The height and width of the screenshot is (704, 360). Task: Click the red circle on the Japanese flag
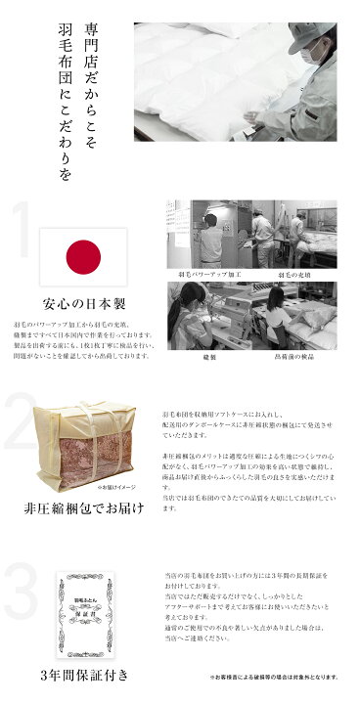(x=82, y=258)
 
